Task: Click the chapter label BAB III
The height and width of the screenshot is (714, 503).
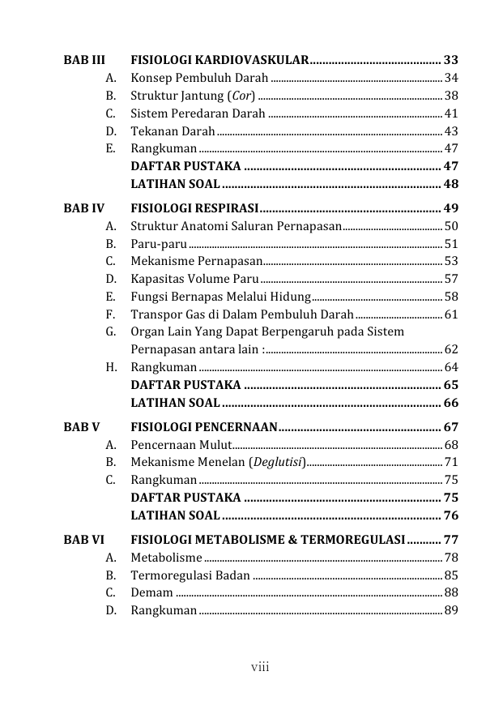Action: [84, 60]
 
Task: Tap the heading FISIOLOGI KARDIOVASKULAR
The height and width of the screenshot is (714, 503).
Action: [220, 60]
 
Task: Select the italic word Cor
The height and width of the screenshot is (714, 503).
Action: [240, 96]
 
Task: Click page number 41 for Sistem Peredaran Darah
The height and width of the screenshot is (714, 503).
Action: [451, 113]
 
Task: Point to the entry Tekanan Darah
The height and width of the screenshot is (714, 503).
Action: [173, 131]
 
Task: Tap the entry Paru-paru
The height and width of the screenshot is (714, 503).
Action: [159, 243]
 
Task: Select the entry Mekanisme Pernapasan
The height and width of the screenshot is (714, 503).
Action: [196, 261]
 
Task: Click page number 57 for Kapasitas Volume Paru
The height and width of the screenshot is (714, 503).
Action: [451, 279]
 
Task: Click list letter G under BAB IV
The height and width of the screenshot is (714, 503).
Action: [109, 331]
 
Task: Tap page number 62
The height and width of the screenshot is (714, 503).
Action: [451, 349]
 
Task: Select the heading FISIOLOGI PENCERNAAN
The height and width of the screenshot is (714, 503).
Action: [204, 426]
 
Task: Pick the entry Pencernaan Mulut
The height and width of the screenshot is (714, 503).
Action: [180, 444]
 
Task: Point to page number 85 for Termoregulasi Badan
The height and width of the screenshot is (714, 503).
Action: [451, 575]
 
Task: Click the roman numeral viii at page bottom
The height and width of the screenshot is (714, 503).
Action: [259, 668]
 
